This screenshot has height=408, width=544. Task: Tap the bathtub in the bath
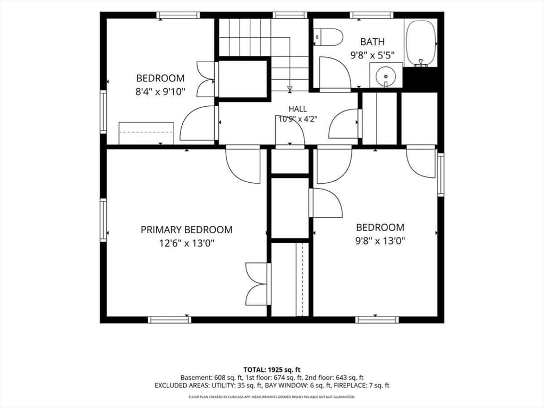421,43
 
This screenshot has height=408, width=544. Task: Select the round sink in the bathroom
386,75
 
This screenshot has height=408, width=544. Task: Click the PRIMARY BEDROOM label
186,229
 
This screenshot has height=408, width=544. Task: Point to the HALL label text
297,109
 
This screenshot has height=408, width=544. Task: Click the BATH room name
372,42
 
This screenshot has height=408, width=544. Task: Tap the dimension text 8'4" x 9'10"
160,91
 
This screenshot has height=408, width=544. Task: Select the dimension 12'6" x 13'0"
186,243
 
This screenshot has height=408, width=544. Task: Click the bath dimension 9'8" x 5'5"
372,55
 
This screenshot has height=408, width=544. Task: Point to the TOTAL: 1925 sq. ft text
271,370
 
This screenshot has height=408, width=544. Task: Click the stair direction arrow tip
290,91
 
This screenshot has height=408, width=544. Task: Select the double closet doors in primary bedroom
258,284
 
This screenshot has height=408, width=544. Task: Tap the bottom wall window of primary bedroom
169,319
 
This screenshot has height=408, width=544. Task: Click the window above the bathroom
371,15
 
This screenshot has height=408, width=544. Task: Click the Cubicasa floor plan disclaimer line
271,397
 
